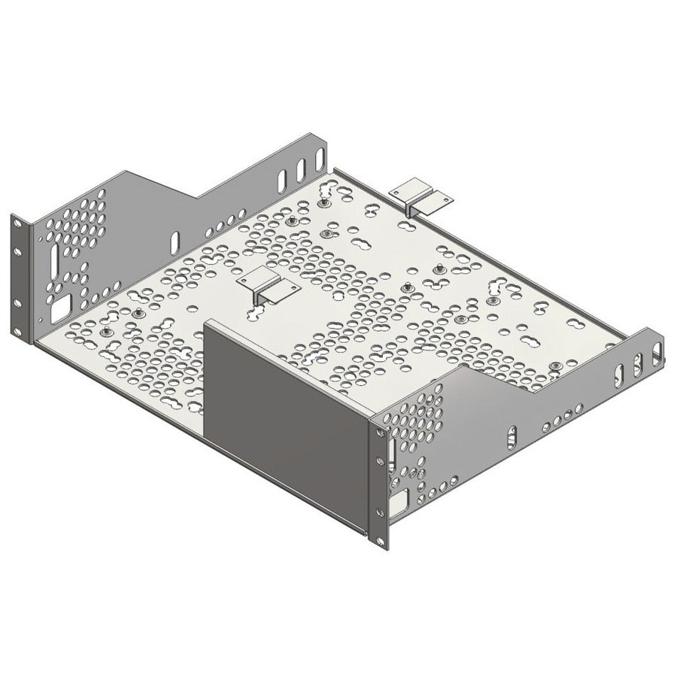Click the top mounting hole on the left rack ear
(17, 224)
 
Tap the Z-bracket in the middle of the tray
(266, 287)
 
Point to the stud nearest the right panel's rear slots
(555, 366)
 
